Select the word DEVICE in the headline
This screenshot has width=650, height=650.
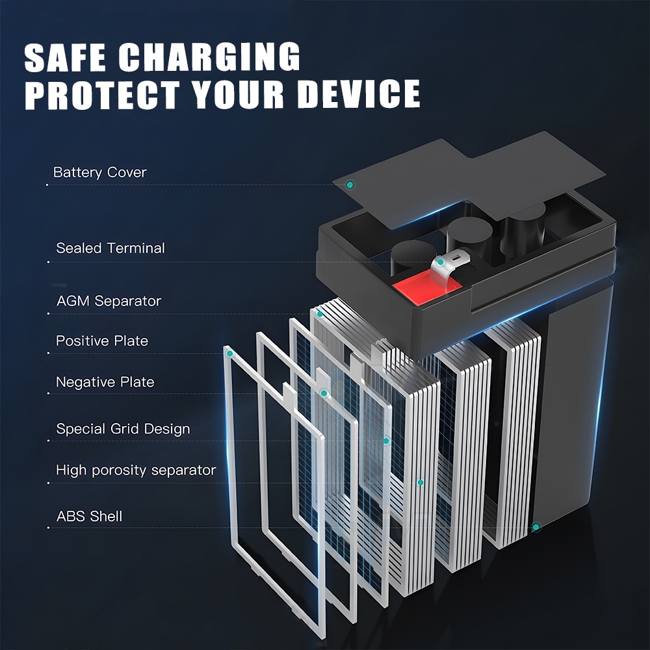point(359,94)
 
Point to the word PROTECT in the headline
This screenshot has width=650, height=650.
point(101,94)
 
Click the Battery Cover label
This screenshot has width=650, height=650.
point(99,172)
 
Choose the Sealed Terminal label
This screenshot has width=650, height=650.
point(110,248)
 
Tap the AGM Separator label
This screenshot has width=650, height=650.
point(109,301)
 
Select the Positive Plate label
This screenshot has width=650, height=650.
point(101,341)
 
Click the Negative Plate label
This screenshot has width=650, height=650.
point(105,382)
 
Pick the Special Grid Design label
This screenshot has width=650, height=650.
point(123,429)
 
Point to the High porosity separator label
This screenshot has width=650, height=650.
point(135,470)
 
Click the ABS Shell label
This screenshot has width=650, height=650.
point(89,517)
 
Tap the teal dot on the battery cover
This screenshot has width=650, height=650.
point(350,185)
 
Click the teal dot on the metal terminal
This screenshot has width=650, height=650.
point(441,263)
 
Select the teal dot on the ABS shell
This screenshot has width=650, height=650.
point(536,527)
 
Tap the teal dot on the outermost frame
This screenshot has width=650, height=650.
point(229,354)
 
